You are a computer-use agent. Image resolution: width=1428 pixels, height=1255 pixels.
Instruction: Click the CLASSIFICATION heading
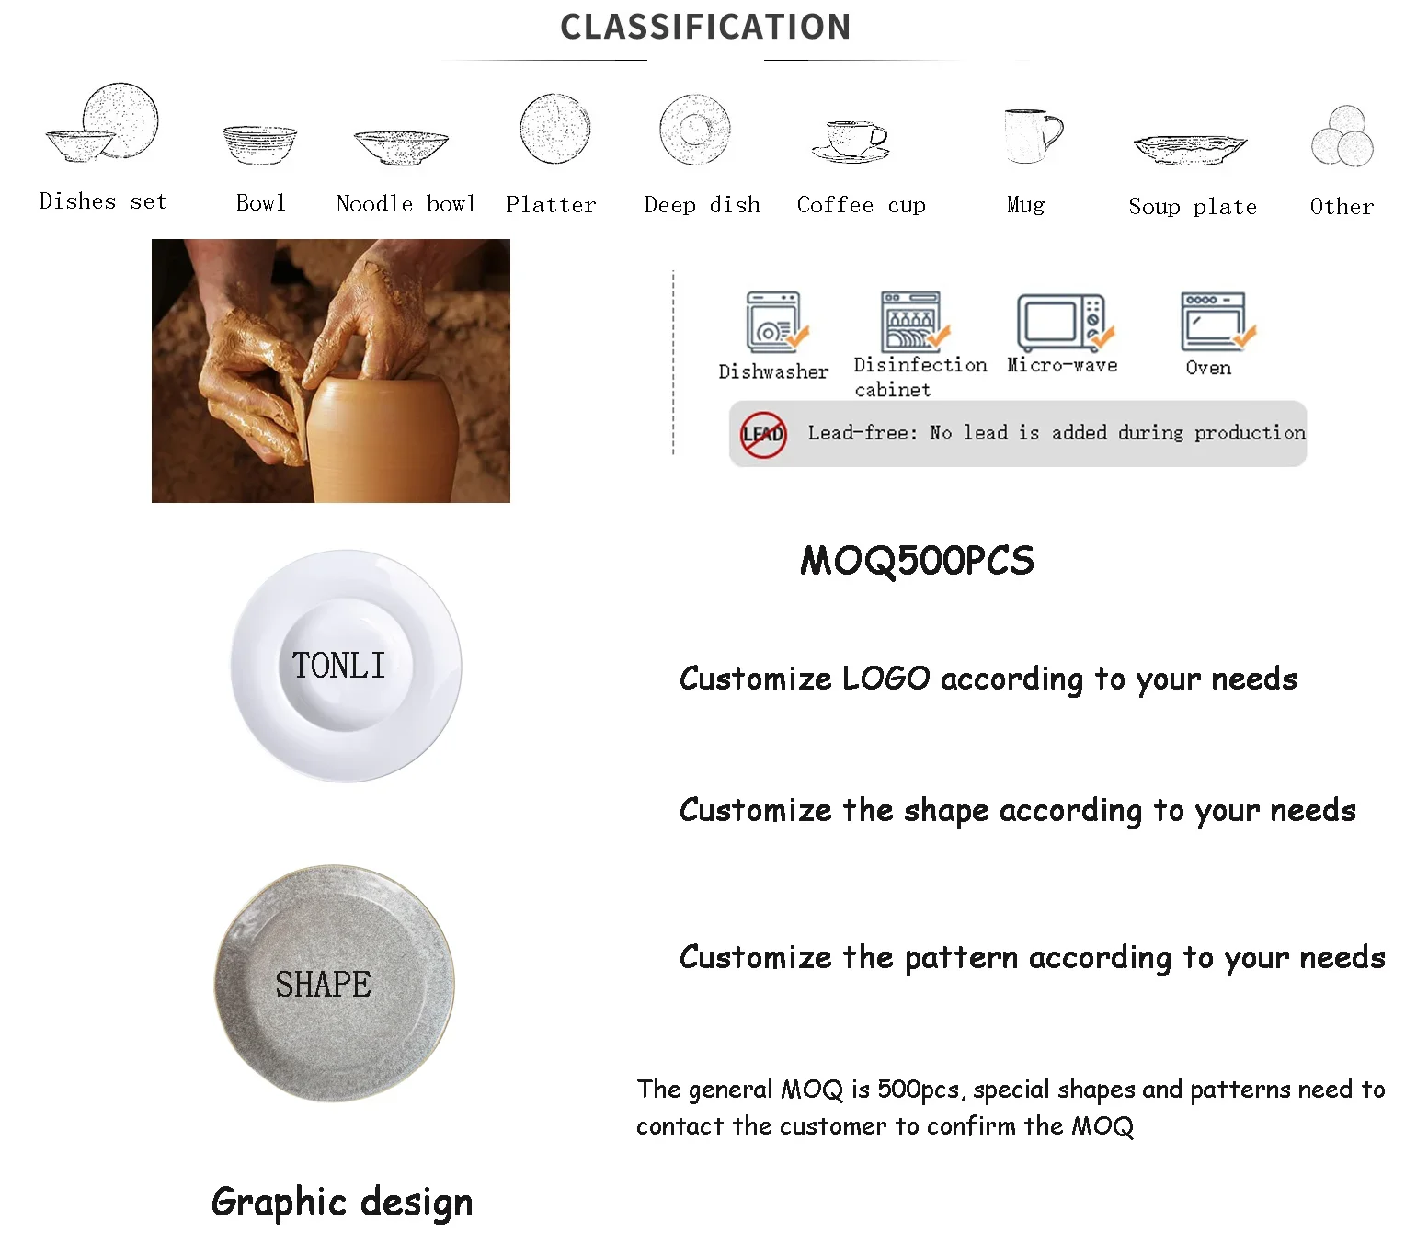(705, 27)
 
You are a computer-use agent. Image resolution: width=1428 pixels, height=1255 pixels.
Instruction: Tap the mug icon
(1033, 136)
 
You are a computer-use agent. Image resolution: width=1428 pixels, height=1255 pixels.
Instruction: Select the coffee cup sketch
(851, 142)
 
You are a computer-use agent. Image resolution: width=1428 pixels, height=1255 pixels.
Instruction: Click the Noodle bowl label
(406, 203)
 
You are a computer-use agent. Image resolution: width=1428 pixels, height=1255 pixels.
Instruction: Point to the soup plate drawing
(1190, 148)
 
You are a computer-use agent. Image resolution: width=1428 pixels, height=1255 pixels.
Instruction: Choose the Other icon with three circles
(1342, 136)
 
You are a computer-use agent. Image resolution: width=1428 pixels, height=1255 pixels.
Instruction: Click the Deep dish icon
(695, 130)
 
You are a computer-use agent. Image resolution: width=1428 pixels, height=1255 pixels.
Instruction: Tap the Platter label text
(551, 204)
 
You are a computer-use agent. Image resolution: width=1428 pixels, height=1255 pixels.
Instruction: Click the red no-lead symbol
(763, 434)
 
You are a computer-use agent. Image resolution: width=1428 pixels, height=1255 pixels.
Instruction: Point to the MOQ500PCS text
(917, 561)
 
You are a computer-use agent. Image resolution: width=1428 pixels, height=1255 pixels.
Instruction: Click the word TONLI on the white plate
(338, 665)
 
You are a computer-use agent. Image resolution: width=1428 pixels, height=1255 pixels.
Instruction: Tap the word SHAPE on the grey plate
(323, 985)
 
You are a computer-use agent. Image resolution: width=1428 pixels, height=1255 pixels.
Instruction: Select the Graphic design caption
(342, 1203)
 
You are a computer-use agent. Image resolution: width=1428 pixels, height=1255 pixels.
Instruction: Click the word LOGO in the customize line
(885, 679)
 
